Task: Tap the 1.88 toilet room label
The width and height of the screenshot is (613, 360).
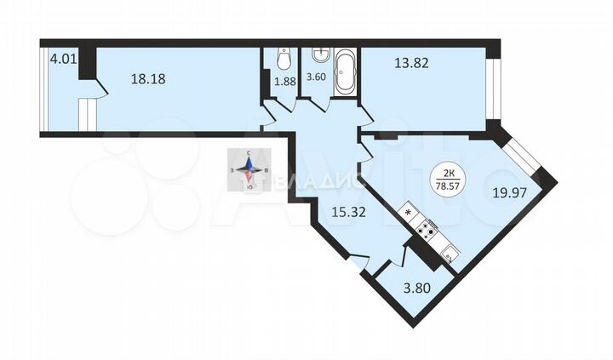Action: [x=284, y=82]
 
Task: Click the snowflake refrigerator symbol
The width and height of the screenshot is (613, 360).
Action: [x=408, y=212]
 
